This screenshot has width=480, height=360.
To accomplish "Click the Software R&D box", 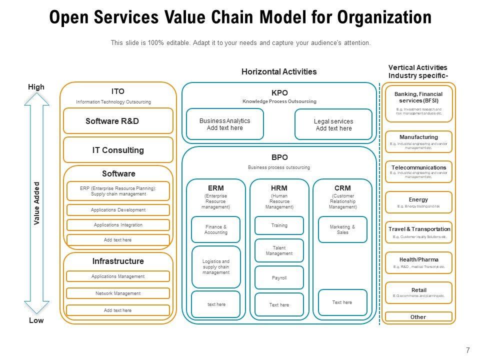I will tap(118, 121).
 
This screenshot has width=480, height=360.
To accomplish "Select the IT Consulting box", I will tap(118, 150).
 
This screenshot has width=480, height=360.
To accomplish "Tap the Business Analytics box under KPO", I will tap(224, 124).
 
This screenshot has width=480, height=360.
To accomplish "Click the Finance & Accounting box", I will tap(216, 230).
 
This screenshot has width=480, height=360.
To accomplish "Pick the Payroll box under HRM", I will tap(279, 278).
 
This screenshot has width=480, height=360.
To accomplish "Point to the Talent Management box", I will tap(279, 251).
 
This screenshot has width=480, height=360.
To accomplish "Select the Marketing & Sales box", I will tap(342, 230).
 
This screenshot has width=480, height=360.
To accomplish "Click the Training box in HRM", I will tap(279, 225).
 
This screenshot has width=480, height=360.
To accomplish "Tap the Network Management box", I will tap(118, 293).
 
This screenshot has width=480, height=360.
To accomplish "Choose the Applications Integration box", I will tap(118, 225).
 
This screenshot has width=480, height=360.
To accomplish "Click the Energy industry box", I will tap(418, 202).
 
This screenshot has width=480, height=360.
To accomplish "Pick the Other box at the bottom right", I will tap(418, 317).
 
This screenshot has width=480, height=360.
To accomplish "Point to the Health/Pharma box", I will tap(418, 263).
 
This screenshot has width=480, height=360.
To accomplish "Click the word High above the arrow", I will tap(36, 87).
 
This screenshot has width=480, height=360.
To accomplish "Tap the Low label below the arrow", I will tap(36, 321).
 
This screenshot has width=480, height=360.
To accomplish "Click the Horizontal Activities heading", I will tap(279, 71).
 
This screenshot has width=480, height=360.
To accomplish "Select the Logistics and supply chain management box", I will tap(216, 267).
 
